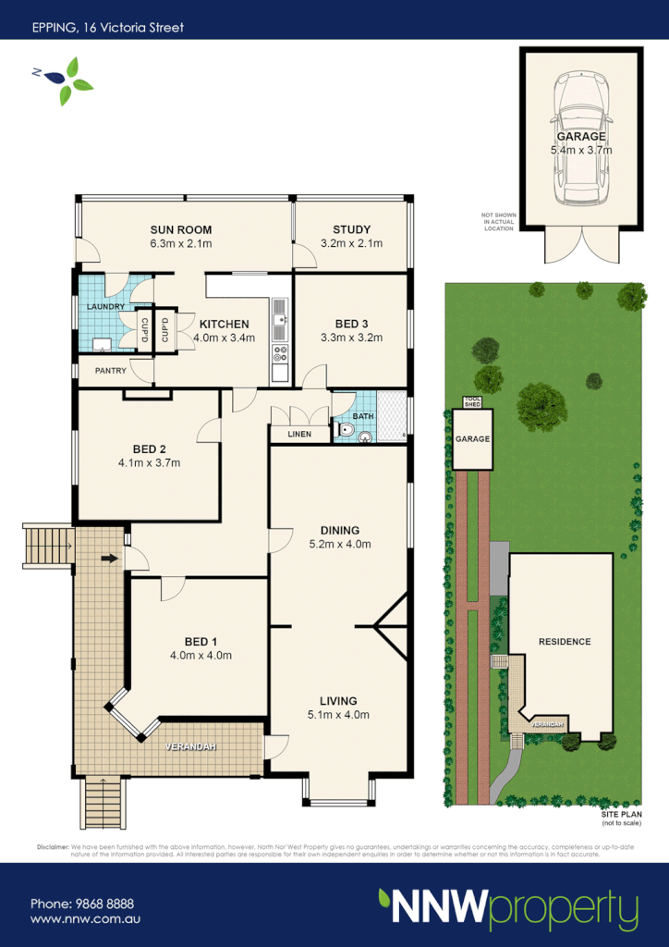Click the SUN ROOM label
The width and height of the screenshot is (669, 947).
pyautogui.click(x=181, y=229)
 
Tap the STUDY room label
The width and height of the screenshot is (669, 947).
pyautogui.click(x=351, y=229)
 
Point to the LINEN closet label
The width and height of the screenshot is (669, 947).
pyautogui.click(x=299, y=434)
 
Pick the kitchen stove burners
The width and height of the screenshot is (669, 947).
pyautogui.click(x=280, y=352)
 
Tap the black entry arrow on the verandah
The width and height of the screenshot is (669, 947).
pyautogui.click(x=108, y=559)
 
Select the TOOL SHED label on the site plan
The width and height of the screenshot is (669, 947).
pyautogui.click(x=472, y=402)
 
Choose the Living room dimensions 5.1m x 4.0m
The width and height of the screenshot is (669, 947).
pyautogui.click(x=338, y=714)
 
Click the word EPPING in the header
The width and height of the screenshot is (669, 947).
pyautogui.click(x=55, y=27)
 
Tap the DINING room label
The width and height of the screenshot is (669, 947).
pyautogui.click(x=339, y=530)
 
